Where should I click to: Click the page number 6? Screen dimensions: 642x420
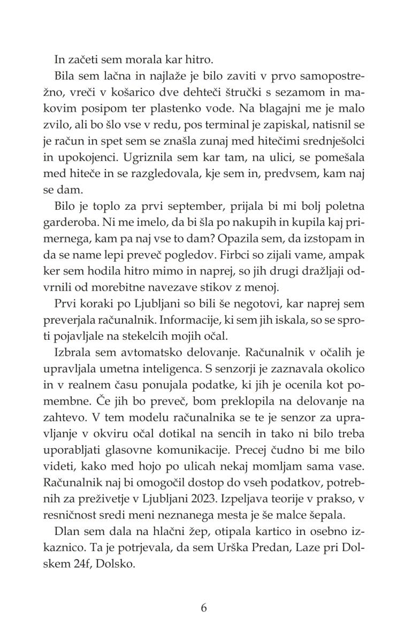pyautogui.click(x=203, y=608)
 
